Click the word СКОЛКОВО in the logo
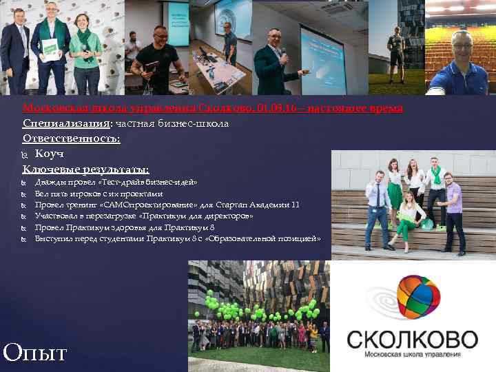pos(412,340)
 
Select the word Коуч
pos(50,154)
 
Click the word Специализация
pos(67,123)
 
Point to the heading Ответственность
pos(71,138)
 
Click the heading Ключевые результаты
pos(85,169)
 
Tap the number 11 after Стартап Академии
pos(296,205)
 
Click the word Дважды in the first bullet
pos(49,183)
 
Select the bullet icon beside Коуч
pos(26,154)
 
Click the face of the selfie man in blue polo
pos(461,45)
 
